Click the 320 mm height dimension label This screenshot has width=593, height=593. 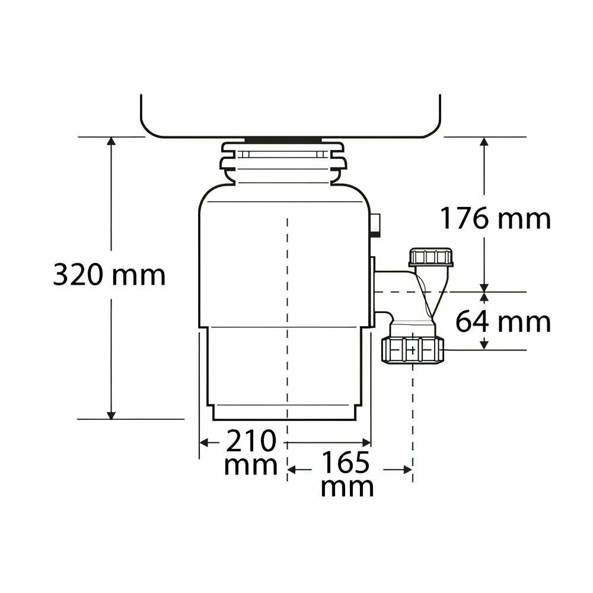[109, 275]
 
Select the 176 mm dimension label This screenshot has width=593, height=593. [495, 219]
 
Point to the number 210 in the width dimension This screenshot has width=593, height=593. [251, 441]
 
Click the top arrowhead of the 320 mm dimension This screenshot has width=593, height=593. [111, 141]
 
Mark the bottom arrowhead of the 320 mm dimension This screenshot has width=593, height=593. [111, 415]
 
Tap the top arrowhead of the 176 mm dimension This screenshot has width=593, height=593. [484, 142]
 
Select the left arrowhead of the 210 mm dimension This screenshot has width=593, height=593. [204, 442]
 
